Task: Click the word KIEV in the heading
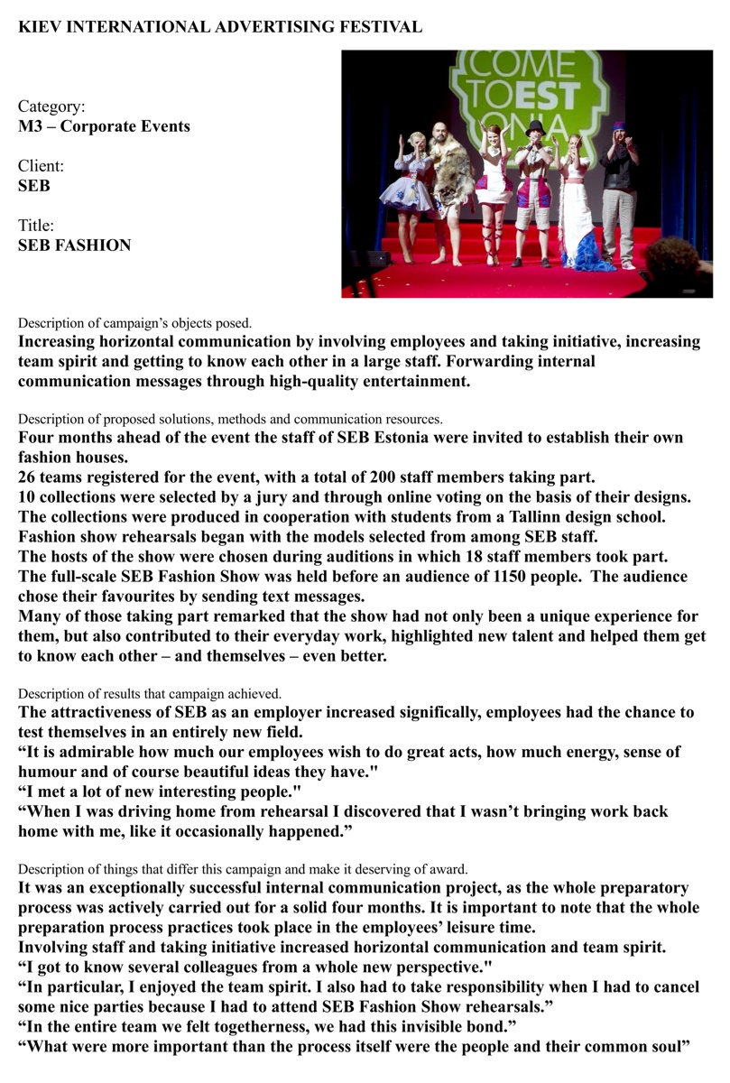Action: (x=39, y=27)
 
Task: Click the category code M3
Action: (x=31, y=126)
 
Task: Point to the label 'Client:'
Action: (x=42, y=166)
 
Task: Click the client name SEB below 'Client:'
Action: (x=34, y=186)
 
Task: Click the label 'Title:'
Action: (x=37, y=226)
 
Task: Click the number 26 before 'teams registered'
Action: (x=28, y=477)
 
